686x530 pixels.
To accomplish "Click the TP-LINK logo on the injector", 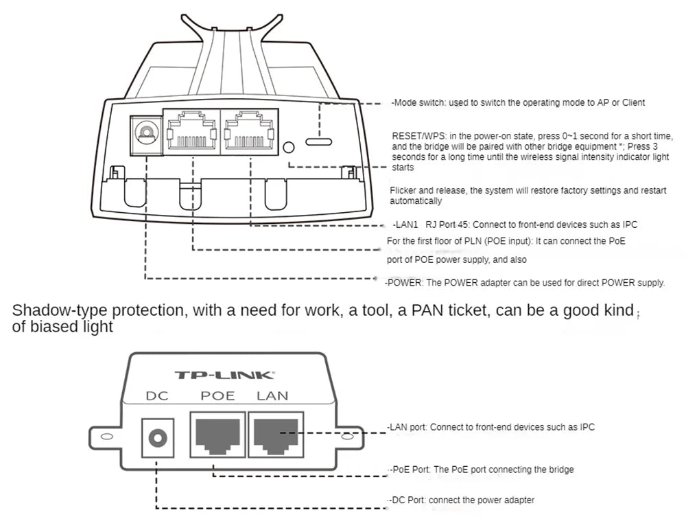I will [x=224, y=375].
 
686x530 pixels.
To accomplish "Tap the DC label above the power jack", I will [x=157, y=395].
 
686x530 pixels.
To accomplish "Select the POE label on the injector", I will [x=217, y=395].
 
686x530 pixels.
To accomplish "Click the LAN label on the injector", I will [x=272, y=395].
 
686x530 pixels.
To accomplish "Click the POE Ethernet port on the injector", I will [x=217, y=435].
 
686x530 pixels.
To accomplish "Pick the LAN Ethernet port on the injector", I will [x=274, y=435].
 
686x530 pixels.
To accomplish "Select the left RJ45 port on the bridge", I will [x=191, y=131].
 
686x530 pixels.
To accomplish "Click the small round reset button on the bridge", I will [x=289, y=147].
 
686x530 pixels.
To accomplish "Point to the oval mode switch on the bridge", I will [x=319, y=141].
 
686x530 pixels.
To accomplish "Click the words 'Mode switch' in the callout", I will [x=419, y=102].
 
